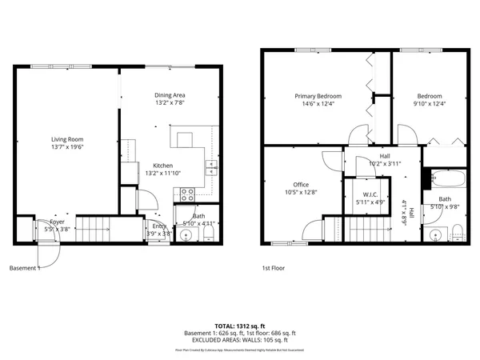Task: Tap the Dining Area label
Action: pos(170,95)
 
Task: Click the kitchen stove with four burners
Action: pos(187,193)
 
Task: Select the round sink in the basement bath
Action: pos(185,236)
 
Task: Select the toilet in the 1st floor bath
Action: pos(456,233)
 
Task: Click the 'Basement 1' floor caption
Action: pos(24,269)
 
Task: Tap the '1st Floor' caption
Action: pos(273,269)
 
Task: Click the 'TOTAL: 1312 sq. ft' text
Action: pos(239,326)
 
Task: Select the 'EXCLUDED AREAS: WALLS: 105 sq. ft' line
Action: pos(239,339)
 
